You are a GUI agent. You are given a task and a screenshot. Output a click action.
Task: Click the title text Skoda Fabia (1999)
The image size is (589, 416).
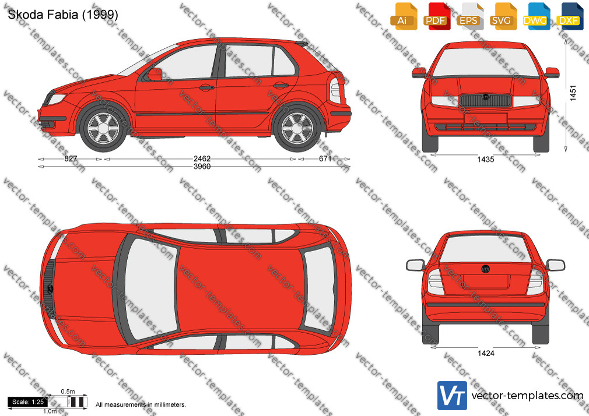pyautogui.click(x=63, y=15)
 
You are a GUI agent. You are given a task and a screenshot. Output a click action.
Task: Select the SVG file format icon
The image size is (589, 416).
pyautogui.click(x=502, y=17)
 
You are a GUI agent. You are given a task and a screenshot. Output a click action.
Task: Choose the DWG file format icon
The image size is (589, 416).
pyautogui.click(x=535, y=17)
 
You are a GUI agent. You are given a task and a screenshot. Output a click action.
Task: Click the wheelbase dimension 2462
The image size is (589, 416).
pyautogui.click(x=202, y=159)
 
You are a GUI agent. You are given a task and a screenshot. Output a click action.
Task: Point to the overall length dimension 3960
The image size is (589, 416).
pyautogui.click(x=202, y=166)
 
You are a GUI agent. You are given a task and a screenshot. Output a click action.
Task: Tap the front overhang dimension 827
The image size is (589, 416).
pyautogui.click(x=71, y=159)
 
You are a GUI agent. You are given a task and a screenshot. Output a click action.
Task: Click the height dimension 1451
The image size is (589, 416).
pyautogui.click(x=573, y=93)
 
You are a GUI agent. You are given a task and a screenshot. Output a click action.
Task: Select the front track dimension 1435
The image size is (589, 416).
pyautogui.click(x=486, y=160)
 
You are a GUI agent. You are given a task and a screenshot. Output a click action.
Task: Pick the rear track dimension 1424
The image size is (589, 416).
pyautogui.click(x=486, y=353)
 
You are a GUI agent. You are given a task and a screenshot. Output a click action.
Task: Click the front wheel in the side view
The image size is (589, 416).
pyautogui.click(x=103, y=128)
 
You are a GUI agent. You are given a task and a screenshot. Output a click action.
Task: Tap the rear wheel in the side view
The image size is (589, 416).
pyautogui.click(x=297, y=128)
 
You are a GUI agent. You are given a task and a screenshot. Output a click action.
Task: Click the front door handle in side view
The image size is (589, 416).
pyautogui.click(x=206, y=87)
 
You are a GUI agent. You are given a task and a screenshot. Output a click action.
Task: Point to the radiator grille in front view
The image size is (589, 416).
pyautogui.click(x=486, y=100)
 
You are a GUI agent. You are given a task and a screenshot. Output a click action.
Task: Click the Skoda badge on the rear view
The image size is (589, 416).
pyautogui.click(x=486, y=269)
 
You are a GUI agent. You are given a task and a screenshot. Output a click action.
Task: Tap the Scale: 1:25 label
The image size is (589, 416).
pyautogui.click(x=28, y=402)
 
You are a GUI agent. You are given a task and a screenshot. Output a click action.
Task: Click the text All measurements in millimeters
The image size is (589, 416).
pyautogui.click(x=141, y=405)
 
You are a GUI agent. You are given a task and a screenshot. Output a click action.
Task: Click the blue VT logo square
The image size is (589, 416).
pyautogui.click(x=452, y=396)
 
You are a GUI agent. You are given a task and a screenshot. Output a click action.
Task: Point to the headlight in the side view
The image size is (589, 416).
pyautogui.click(x=57, y=98)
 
